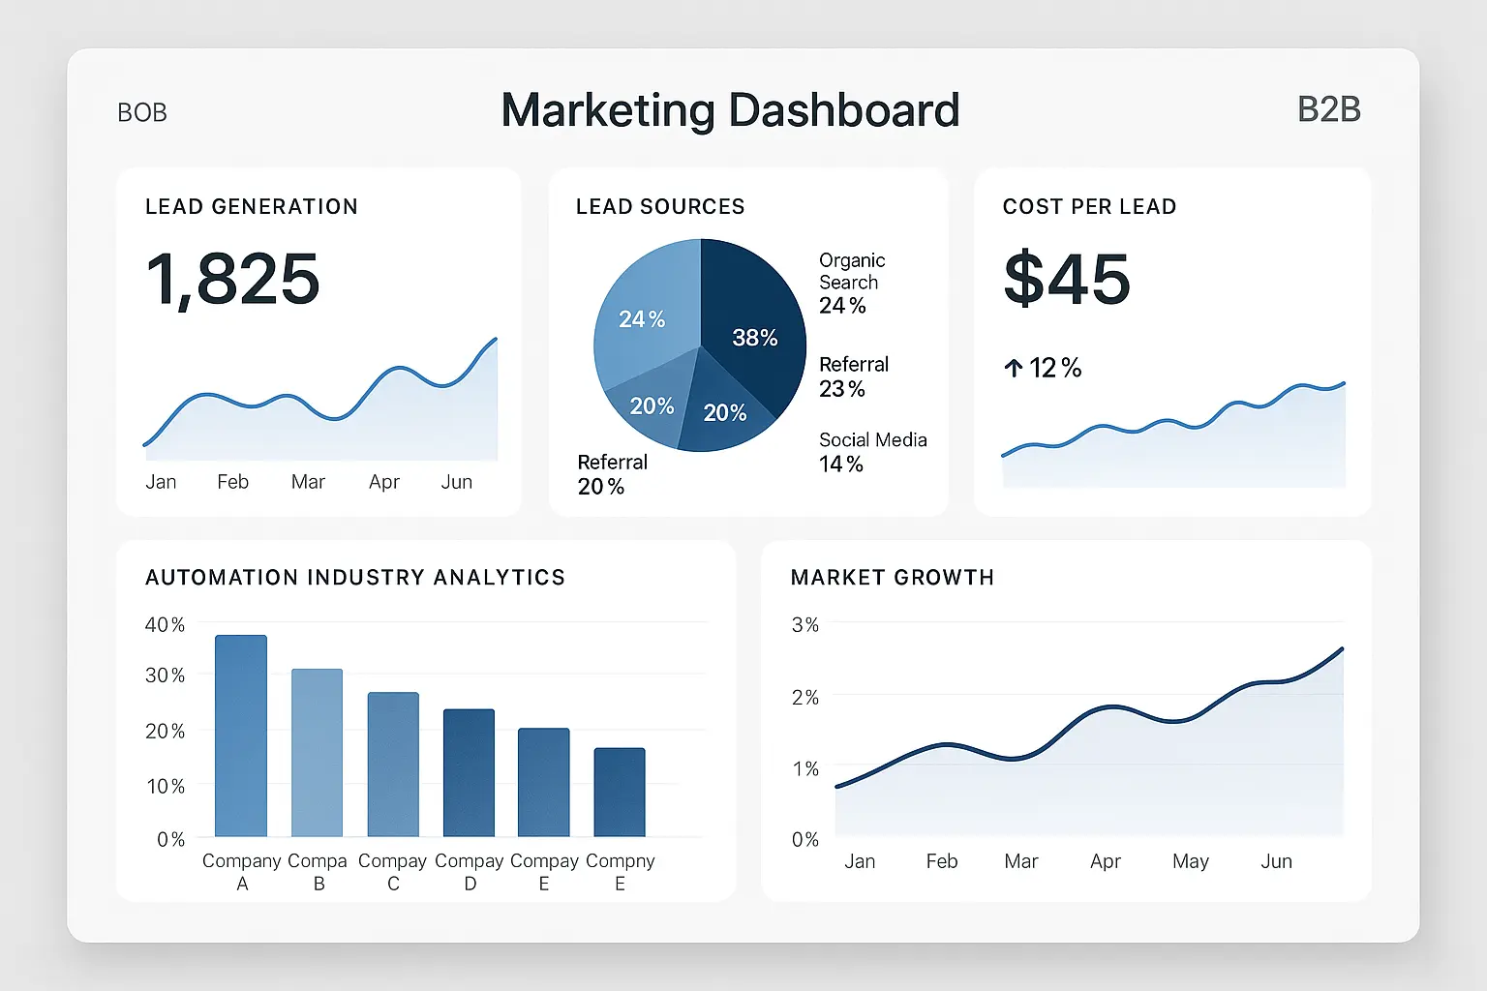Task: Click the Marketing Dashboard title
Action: pyautogui.click(x=730, y=110)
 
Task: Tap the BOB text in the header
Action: pyautogui.click(x=142, y=113)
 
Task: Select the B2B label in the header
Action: pyautogui.click(x=1328, y=110)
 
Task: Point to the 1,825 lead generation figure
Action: pyautogui.click(x=232, y=279)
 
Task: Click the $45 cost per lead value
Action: pyautogui.click(x=1066, y=279)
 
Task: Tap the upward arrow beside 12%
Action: pyautogui.click(x=1013, y=368)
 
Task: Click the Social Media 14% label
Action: pyautogui.click(x=872, y=452)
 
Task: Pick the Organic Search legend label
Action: pyautogui.click(x=852, y=271)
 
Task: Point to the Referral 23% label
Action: pyautogui.click(x=853, y=376)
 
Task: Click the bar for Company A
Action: pyautogui.click(x=240, y=736)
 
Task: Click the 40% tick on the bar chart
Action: pyautogui.click(x=165, y=625)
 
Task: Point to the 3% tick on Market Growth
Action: pyautogui.click(x=804, y=625)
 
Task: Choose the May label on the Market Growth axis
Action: pyautogui.click(x=1190, y=861)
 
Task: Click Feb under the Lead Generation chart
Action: pyautogui.click(x=232, y=482)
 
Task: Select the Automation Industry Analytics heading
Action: pyautogui.click(x=354, y=578)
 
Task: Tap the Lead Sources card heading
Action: pyautogui.click(x=660, y=206)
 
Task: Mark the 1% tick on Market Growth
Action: pyautogui.click(x=804, y=768)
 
